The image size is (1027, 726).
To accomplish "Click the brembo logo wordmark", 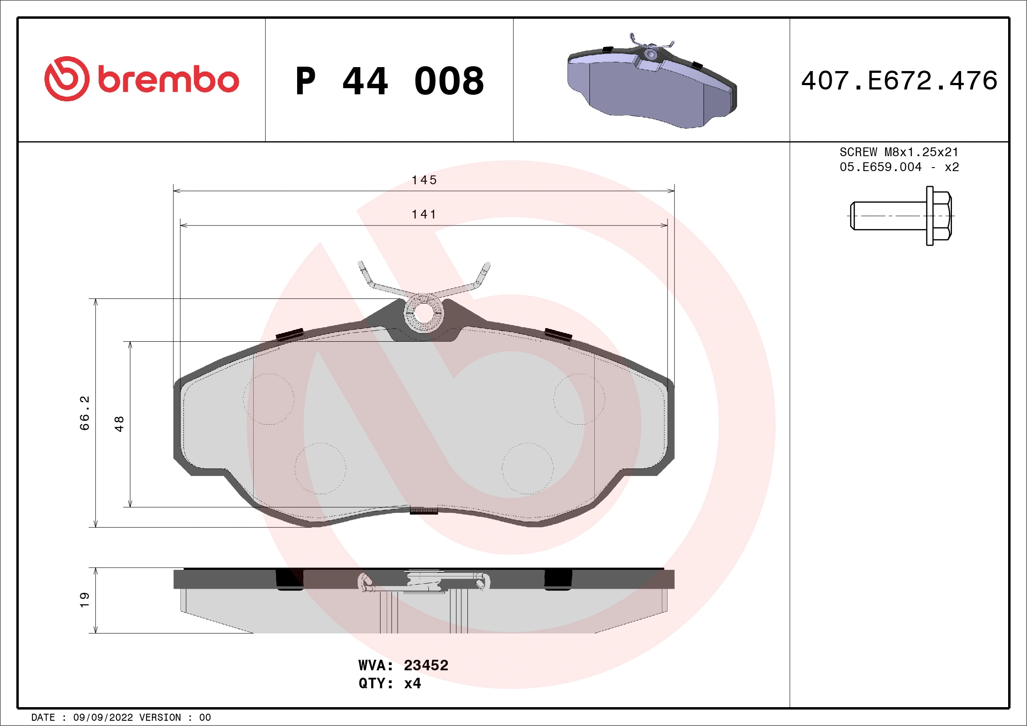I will coord(168,80).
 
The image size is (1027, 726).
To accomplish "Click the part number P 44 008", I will coord(389,81).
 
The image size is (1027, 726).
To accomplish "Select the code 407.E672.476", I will coord(899,81).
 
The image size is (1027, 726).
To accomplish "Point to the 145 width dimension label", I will coord(424,180).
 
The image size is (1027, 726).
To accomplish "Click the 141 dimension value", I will coord(424,215).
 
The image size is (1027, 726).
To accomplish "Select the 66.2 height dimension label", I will coord(85,413).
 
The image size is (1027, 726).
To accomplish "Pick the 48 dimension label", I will coord(119,424).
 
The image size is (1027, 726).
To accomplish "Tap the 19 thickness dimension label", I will coord(85,600).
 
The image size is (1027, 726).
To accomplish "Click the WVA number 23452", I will coord(426,665).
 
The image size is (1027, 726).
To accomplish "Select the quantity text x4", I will coord(412,683).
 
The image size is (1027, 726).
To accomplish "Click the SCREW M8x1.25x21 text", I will coord(899,152).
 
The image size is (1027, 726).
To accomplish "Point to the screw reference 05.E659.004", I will coord(880,167).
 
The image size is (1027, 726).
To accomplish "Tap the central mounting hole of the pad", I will coord(423,313).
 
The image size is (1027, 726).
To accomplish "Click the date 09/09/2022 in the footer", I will coord(103,718).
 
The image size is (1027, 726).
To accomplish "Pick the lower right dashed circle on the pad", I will coord(528,469).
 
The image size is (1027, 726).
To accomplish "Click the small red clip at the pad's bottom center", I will coord(424,511).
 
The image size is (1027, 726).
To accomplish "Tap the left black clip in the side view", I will coord(289,580).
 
